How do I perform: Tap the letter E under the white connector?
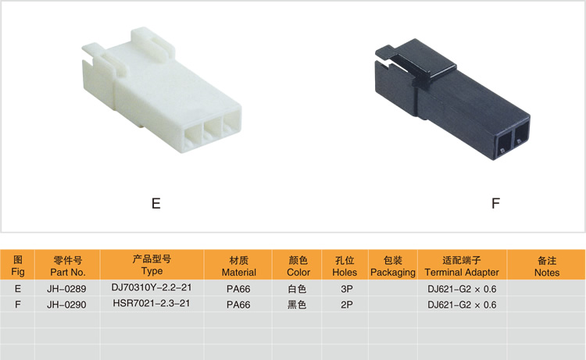pos(155,204)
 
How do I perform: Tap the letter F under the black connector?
pos(495,204)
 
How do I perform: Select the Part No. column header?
pos(67,266)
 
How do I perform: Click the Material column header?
pos(238,266)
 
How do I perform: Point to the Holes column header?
pos(345,266)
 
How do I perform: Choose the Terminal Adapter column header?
pos(462,266)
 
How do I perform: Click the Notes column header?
pos(547,266)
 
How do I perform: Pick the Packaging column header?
pos(392,266)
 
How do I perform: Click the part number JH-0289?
pos(67,289)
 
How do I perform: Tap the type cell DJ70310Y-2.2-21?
pos(152,288)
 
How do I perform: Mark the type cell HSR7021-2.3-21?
pos(152,304)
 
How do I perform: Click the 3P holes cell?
pos(345,289)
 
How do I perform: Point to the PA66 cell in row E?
pos(238,289)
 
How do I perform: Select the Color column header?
pos(298,266)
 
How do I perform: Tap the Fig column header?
pos(18,266)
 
